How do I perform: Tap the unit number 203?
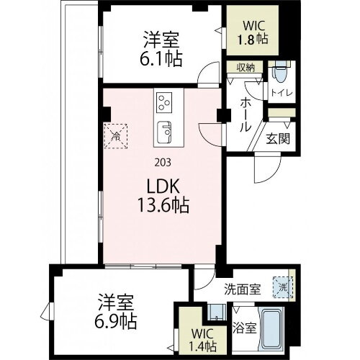(x=163, y=161)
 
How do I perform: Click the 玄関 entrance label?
(x=278, y=138)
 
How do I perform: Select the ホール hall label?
(x=245, y=114)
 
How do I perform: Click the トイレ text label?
(x=279, y=92)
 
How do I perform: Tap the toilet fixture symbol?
(x=280, y=73)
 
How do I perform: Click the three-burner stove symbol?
(x=164, y=102)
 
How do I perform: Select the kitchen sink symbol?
(x=164, y=132)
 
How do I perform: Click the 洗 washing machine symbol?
(x=284, y=287)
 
